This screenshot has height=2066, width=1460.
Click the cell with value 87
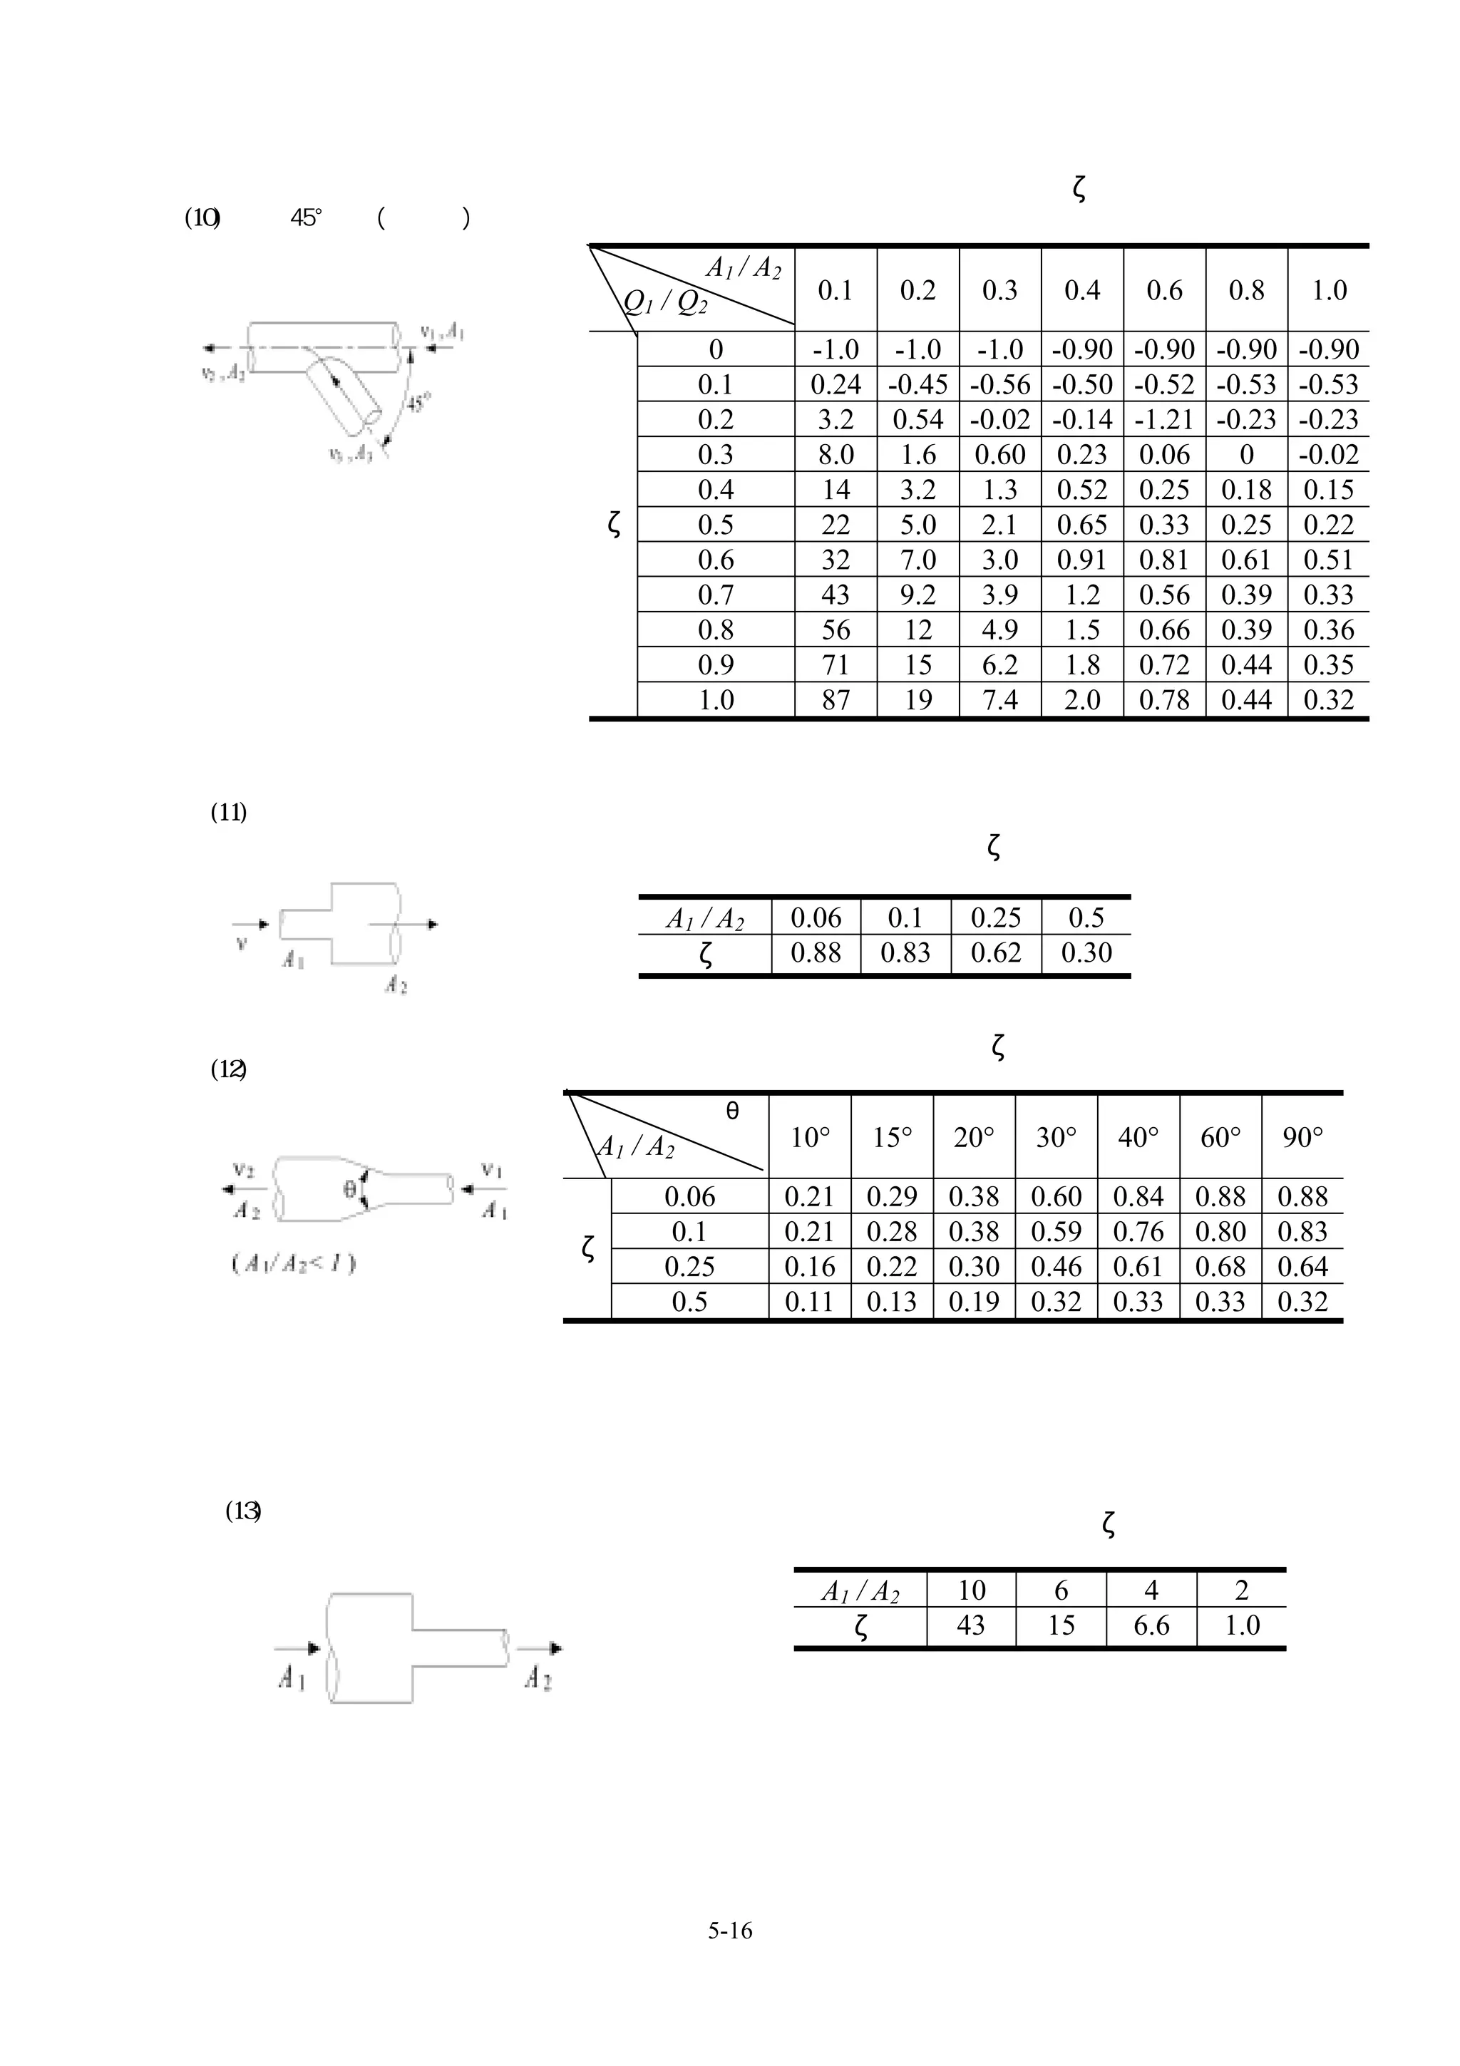coord(835,700)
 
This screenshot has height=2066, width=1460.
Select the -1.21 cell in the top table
coord(1164,419)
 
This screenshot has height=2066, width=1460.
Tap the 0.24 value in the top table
coord(835,384)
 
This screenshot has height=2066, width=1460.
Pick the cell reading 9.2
coord(917,595)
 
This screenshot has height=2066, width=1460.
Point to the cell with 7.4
coord(999,700)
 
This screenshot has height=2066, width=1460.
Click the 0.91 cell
coord(1081,560)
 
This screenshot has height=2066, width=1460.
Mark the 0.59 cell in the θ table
coord(1056,1232)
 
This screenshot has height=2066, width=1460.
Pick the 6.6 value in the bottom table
coord(1151,1626)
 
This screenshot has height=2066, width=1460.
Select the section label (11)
coord(229,813)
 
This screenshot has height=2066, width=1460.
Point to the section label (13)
coord(243,1511)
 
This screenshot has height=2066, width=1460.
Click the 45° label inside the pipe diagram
coord(418,402)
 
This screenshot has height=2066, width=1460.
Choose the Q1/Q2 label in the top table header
coord(666,303)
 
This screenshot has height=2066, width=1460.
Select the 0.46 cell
coord(1056,1267)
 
